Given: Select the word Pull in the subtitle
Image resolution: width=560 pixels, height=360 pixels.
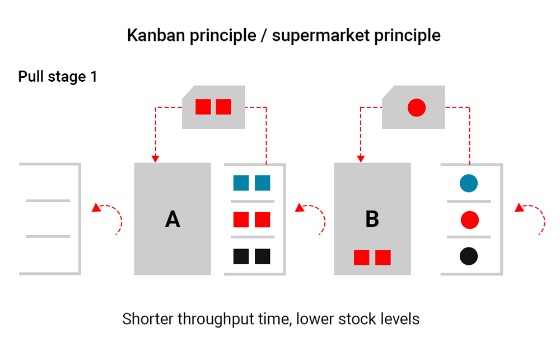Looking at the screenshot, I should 30,77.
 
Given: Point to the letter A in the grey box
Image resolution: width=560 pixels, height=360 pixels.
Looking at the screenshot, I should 172,219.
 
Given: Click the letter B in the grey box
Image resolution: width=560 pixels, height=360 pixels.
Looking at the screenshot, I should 372,219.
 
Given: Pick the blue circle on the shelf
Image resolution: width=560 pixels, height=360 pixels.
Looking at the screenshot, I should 469,183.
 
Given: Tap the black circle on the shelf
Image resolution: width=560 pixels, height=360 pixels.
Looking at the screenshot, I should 469,256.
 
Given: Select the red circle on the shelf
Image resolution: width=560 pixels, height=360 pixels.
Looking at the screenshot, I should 469,220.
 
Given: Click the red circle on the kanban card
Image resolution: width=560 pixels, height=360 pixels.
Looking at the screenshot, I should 417,107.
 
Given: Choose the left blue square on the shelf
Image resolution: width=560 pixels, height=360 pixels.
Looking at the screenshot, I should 241,183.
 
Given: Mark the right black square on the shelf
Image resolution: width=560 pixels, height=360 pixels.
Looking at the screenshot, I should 263,256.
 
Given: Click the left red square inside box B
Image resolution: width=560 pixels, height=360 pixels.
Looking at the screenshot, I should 361,258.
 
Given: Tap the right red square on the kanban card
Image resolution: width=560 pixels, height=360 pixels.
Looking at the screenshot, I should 223,106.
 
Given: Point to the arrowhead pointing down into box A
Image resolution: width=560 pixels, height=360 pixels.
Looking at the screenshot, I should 156,158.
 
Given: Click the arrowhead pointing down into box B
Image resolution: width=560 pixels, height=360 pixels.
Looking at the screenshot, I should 361,158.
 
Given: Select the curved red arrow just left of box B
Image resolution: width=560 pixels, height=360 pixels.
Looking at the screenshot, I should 311,217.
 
